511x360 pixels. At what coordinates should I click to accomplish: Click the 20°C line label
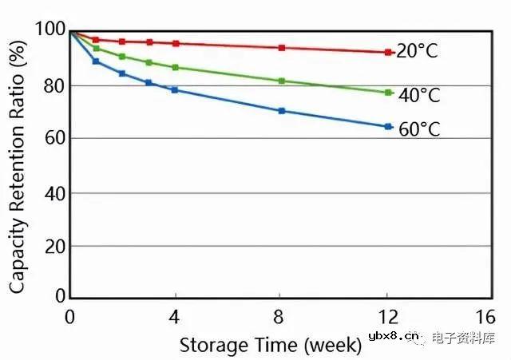click(x=418, y=52)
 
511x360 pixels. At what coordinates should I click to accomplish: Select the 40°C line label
click(x=419, y=96)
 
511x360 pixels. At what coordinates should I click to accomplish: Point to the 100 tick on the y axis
click(x=50, y=30)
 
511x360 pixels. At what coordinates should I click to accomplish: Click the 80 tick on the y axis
click(x=54, y=85)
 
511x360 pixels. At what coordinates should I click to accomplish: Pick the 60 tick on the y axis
click(x=54, y=139)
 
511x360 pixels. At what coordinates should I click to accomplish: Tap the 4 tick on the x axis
click(x=175, y=315)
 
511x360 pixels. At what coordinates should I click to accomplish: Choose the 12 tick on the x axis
click(x=387, y=315)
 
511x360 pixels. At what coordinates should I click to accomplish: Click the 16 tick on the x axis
click(x=485, y=315)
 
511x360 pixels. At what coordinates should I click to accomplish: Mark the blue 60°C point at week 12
click(x=388, y=127)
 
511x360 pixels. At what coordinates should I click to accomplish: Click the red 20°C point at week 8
click(x=282, y=48)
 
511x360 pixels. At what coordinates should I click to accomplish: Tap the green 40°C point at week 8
click(x=282, y=81)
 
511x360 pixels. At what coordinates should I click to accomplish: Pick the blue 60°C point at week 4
click(x=175, y=90)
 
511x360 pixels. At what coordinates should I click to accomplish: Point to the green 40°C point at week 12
click(x=388, y=93)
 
